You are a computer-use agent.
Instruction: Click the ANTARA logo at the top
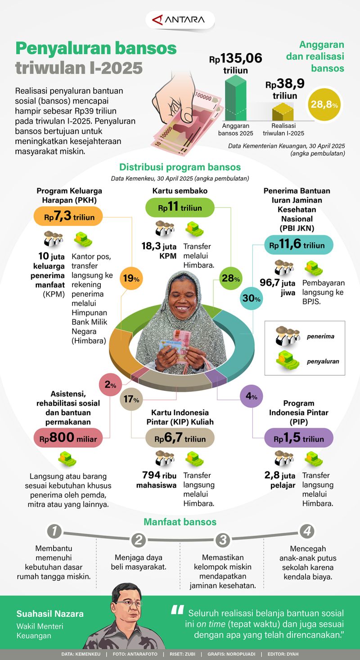click(180, 20)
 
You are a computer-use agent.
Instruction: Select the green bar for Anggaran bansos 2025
click(235, 98)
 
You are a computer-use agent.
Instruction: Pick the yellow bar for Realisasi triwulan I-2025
click(283, 111)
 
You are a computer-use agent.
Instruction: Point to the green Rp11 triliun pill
click(180, 208)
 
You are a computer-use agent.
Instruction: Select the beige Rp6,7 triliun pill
click(180, 439)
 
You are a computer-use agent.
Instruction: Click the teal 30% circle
click(251, 298)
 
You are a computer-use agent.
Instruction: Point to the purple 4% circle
click(251, 397)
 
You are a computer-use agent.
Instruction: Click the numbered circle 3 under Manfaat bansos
click(223, 539)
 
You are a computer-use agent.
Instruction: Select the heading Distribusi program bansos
click(180, 167)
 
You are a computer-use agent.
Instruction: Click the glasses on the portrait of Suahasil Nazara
click(128, 603)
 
